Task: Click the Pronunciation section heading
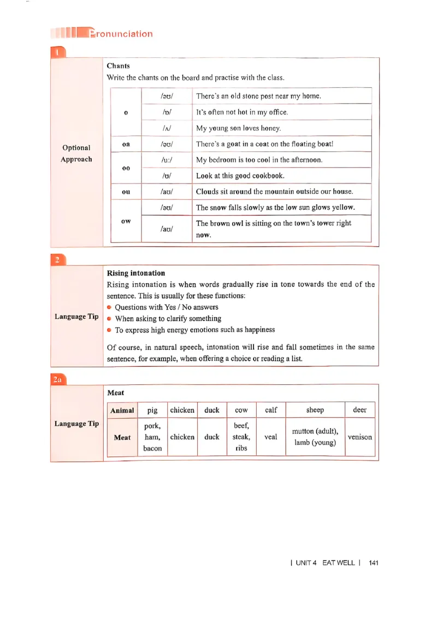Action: pyautogui.click(x=120, y=34)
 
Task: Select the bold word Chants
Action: pyautogui.click(x=118, y=66)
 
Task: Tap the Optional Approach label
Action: pyautogui.click(x=76, y=153)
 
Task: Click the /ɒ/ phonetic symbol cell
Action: pyautogui.click(x=167, y=112)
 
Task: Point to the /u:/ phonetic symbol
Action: pyautogui.click(x=167, y=160)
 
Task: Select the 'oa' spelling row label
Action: pyautogui.click(x=126, y=144)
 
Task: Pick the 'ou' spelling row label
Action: pyautogui.click(x=126, y=192)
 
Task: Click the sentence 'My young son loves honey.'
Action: pyautogui.click(x=238, y=128)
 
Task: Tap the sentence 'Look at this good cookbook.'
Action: pyautogui.click(x=240, y=176)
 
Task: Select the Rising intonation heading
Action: pyautogui.click(x=135, y=273)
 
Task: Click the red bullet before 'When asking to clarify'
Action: pyautogui.click(x=109, y=319)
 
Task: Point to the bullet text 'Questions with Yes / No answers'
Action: pyautogui.click(x=166, y=307)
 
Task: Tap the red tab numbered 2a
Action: pyautogui.click(x=58, y=380)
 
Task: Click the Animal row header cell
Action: pyautogui.click(x=122, y=410)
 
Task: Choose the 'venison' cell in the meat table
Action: pyautogui.click(x=359, y=437)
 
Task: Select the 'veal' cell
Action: pyautogui.click(x=270, y=437)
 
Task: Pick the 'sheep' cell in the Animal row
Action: pyautogui.click(x=315, y=410)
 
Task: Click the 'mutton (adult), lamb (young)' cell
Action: pyautogui.click(x=315, y=437)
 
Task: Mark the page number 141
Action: pyautogui.click(x=374, y=562)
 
